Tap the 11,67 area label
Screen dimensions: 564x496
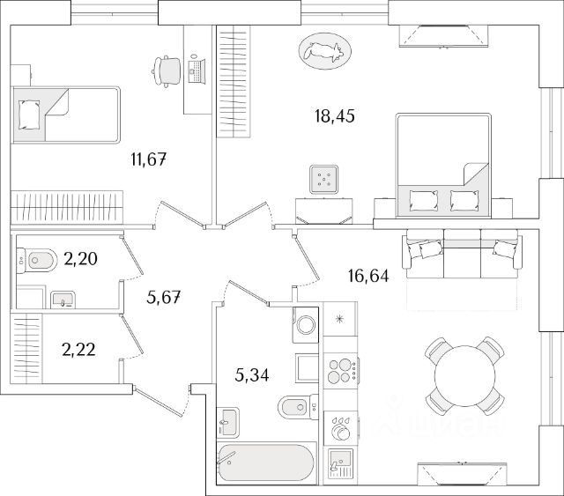(147, 159)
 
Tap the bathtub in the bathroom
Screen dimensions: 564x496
(263, 463)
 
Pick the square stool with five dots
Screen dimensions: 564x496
(323, 181)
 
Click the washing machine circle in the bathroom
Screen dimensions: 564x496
(305, 324)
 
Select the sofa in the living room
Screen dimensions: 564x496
(458, 250)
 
